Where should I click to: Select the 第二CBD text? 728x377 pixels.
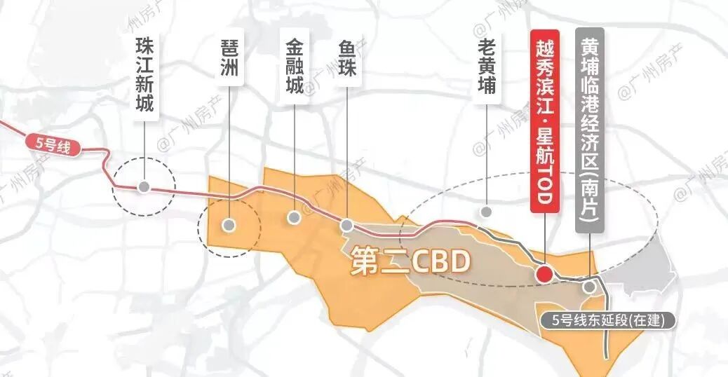408,263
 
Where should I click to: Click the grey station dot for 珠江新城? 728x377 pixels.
144,187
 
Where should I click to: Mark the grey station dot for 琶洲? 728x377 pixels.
229,225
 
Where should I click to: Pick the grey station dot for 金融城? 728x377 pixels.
295,217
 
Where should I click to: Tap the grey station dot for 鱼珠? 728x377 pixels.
346,226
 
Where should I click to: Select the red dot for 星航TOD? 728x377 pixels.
544,275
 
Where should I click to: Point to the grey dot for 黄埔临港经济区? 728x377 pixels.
589,286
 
